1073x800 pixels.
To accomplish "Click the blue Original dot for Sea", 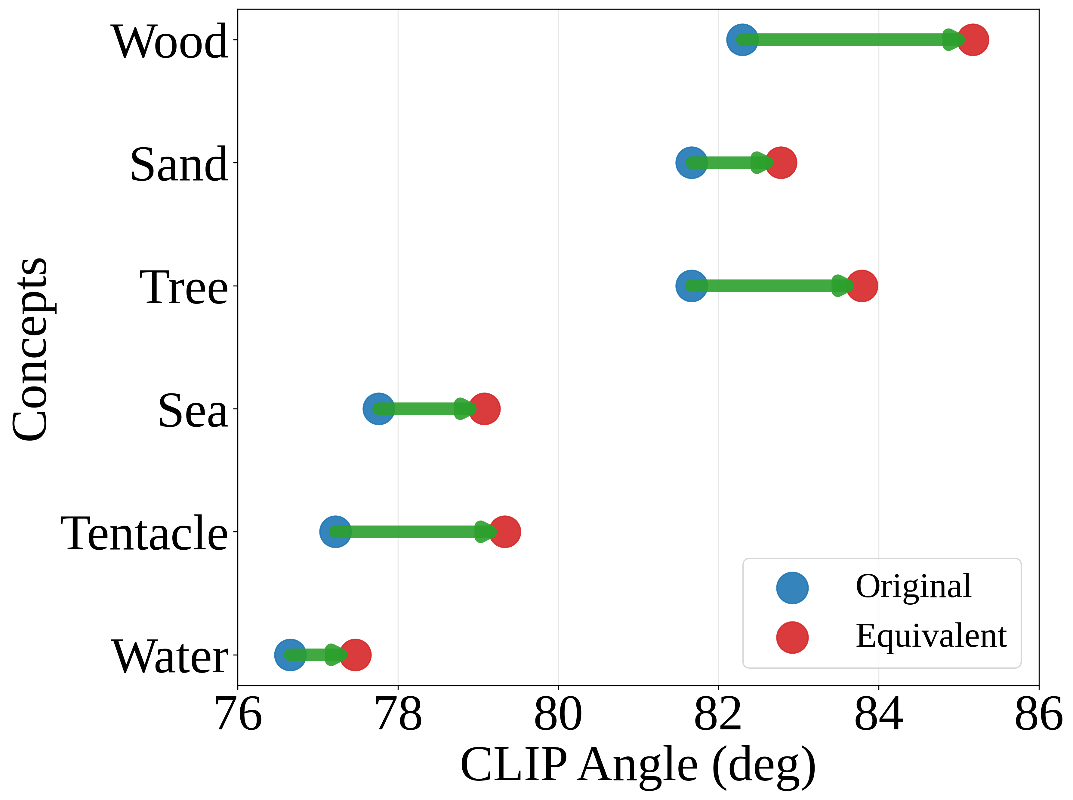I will (x=378, y=409).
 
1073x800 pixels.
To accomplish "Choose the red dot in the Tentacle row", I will (x=505, y=532).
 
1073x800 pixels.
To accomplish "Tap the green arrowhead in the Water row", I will (x=335, y=655).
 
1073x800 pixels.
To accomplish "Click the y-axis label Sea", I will (x=193, y=411).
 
